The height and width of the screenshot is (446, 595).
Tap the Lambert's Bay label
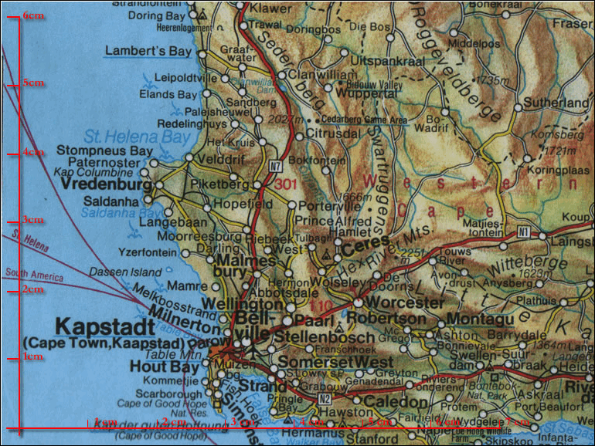pyautogui.click(x=147, y=52)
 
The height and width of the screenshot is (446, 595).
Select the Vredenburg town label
pyautogui.click(x=105, y=186)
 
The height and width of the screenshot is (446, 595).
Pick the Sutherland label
pyautogui.click(x=556, y=103)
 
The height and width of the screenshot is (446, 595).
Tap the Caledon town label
pyautogui.click(x=396, y=402)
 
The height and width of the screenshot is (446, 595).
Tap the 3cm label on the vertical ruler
pyautogui.click(x=32, y=220)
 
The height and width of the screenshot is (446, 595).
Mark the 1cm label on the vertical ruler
pyautogui.click(x=32, y=356)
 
